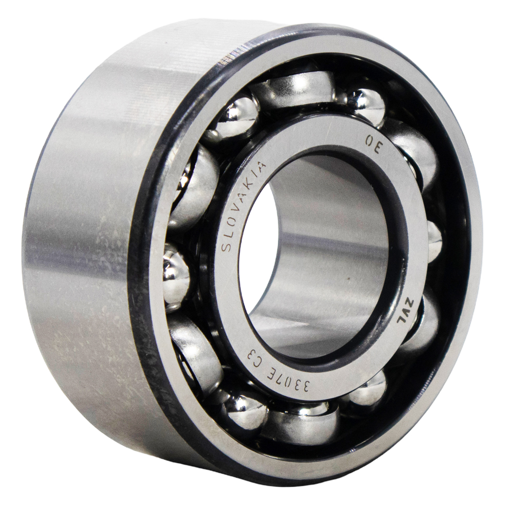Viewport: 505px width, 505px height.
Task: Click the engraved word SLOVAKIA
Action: (x=243, y=206)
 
